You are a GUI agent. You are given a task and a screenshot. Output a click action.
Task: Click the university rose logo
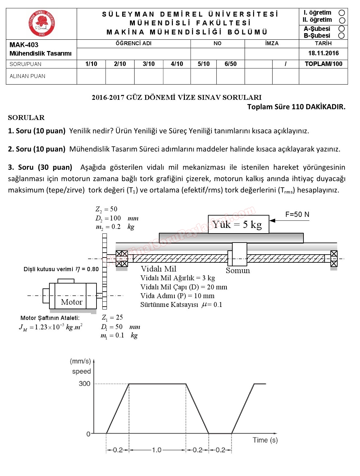point(42,23)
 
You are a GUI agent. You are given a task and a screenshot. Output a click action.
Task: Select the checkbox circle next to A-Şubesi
point(341,29)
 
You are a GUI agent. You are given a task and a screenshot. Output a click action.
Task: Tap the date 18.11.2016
point(323,53)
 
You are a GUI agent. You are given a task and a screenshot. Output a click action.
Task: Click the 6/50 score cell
point(230,64)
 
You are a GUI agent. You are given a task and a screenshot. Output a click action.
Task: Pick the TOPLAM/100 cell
point(323,64)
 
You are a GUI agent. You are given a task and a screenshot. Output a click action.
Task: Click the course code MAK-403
point(24,45)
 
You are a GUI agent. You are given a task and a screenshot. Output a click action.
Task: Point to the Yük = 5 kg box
point(238,224)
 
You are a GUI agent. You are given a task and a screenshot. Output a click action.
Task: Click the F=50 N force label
point(297,215)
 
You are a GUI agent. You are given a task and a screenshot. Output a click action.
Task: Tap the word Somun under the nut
point(238,271)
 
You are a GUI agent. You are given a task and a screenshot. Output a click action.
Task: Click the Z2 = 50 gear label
point(106,209)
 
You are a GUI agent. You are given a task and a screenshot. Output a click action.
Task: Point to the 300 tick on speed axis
point(84,384)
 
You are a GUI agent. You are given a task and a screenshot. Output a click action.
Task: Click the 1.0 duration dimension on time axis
point(157,450)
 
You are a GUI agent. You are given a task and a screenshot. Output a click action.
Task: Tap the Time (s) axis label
point(265,440)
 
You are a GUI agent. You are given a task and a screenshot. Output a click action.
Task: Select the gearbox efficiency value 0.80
point(93,269)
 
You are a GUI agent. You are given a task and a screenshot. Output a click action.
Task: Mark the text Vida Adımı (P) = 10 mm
point(177,296)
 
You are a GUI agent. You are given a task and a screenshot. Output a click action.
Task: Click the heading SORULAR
point(26,118)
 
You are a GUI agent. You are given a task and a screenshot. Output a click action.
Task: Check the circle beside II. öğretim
point(342,20)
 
